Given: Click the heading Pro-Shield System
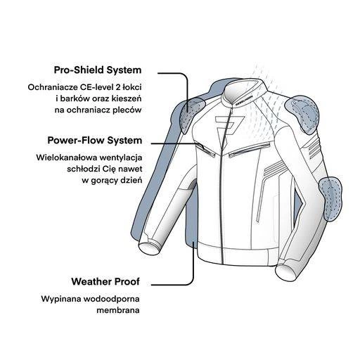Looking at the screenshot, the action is click(98, 70).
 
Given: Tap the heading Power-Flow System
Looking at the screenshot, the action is click(95, 141).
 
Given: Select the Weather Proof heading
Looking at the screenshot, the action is click(105, 281).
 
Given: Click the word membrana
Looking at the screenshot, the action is click(118, 310).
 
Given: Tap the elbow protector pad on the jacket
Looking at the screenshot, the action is click(330, 199).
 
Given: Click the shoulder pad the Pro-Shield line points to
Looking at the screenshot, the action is click(191, 114).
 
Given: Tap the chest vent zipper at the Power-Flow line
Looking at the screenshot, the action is click(205, 150).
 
